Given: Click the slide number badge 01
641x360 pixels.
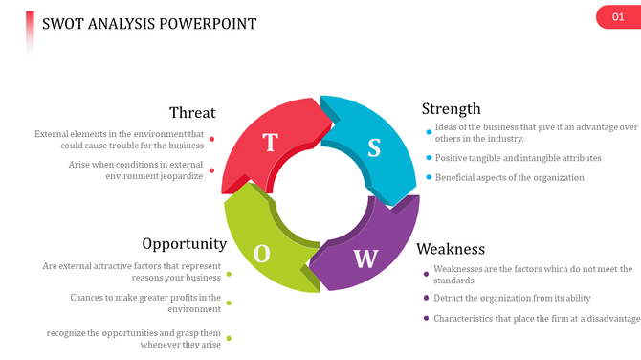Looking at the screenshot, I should click(617, 17).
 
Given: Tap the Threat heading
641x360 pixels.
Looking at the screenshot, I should click(192, 113).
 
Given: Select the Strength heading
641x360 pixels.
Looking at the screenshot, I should click(451, 108).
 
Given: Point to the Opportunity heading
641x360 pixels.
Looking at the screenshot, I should click(184, 244).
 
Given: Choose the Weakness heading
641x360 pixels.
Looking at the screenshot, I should click(451, 249).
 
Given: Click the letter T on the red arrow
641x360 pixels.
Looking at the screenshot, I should click(270, 143).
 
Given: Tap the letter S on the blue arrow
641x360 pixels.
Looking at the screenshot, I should click(374, 147).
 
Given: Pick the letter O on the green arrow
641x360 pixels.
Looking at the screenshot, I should click(262, 253).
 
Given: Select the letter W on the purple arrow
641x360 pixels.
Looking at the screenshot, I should click(365, 258).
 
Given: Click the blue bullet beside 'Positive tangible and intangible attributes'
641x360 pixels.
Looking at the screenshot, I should click(428, 158).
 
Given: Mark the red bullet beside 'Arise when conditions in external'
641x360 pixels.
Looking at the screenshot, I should click(211, 170).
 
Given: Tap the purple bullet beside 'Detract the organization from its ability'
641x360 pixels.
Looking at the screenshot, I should click(426, 297).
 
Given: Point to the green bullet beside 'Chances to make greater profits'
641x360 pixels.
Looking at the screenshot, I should click(229, 304).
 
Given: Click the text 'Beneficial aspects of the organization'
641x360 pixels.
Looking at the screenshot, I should click(509, 177).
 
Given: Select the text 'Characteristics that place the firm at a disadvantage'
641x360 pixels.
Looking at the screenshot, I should click(537, 318).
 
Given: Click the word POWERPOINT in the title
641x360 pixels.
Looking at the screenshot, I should click(209, 23).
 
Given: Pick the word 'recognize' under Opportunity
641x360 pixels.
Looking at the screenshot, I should click(67, 332).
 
